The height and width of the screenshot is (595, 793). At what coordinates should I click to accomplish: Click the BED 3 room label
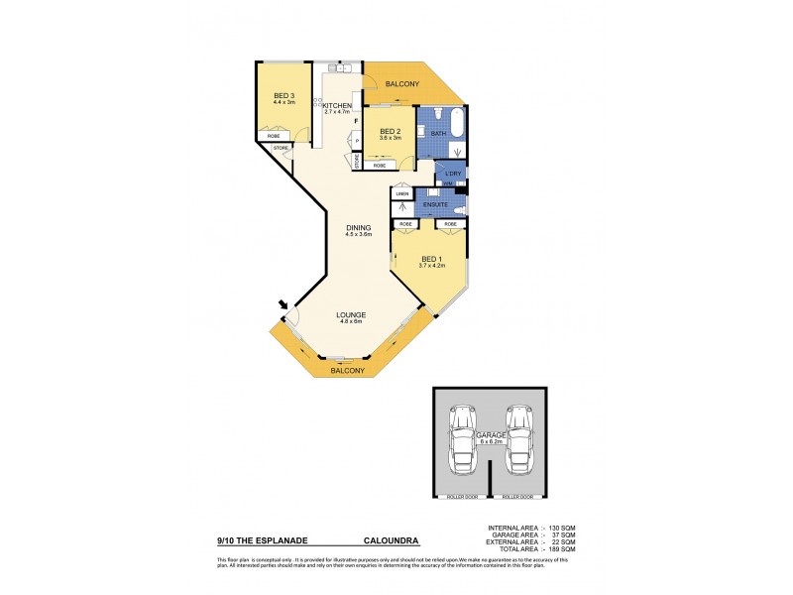(284, 95)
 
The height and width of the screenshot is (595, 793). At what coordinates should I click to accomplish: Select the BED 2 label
(390, 131)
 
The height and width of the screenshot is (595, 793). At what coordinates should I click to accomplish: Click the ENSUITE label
(434, 204)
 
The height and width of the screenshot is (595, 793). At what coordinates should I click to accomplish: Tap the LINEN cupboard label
(402, 193)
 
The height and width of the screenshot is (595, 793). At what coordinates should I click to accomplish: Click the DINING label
(358, 227)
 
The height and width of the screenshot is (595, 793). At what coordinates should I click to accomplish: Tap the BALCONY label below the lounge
(349, 371)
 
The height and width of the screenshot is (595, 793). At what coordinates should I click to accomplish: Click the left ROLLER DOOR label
(460, 496)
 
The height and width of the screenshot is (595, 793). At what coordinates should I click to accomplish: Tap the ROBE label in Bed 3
(286, 136)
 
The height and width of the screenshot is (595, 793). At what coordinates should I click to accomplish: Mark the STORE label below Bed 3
(281, 148)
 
